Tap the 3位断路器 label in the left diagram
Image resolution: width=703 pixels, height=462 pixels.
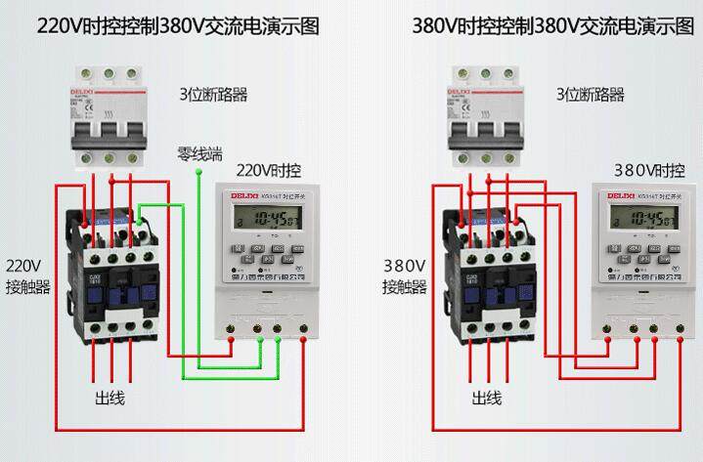(x=213, y=95)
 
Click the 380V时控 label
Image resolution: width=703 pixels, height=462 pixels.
(x=647, y=170)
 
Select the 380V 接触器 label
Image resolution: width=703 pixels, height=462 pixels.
(x=404, y=275)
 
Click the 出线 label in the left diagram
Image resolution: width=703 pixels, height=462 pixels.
(x=110, y=399)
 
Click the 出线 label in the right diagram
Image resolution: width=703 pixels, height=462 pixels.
(x=487, y=399)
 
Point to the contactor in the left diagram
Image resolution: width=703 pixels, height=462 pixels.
(x=111, y=278)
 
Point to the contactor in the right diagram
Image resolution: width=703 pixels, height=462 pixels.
(x=488, y=278)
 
